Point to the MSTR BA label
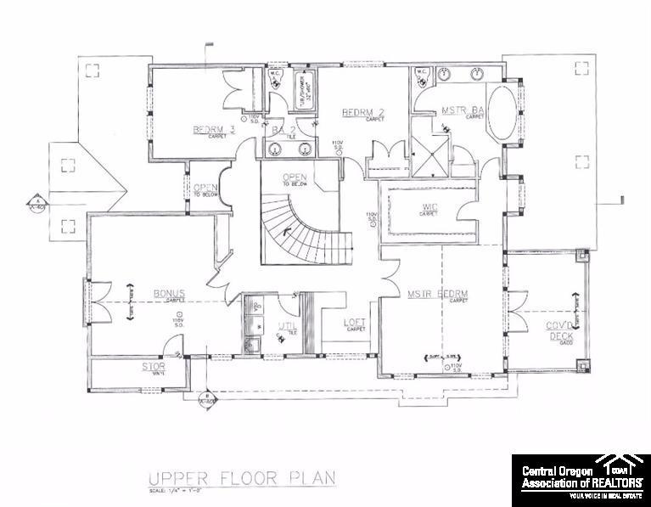coord(463,110)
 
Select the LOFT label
coord(355,323)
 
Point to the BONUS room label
coord(169,294)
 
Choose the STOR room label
coord(154,367)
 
